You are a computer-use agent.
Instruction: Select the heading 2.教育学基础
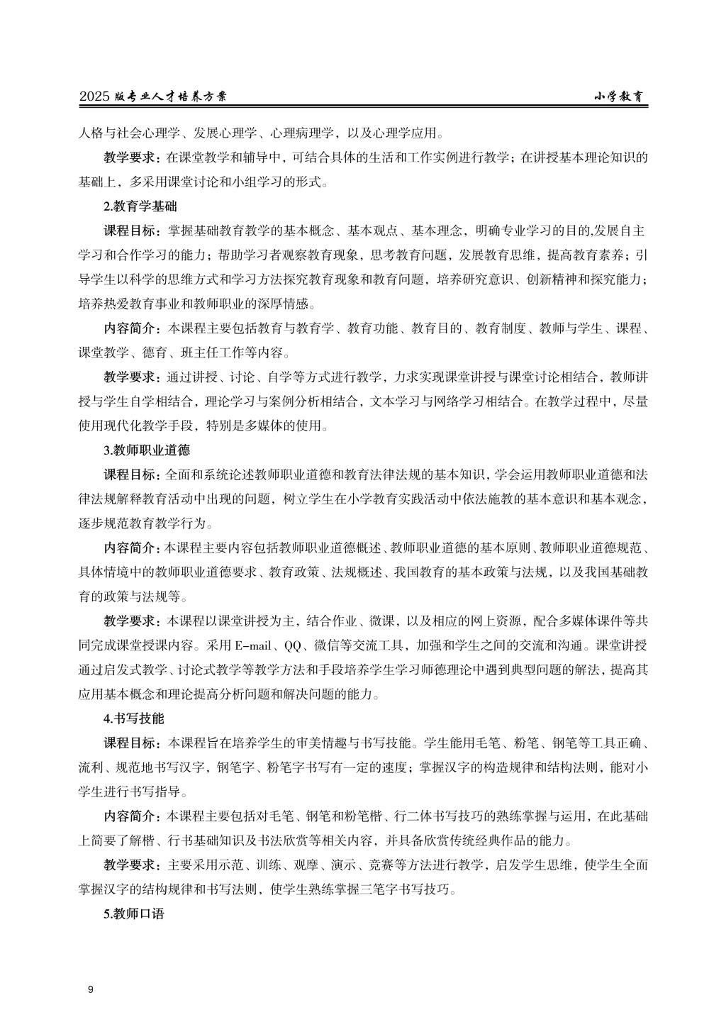(140, 207)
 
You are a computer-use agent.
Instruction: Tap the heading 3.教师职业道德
(147, 450)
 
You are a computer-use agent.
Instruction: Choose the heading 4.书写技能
(133, 718)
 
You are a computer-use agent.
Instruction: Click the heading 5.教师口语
(133, 914)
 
